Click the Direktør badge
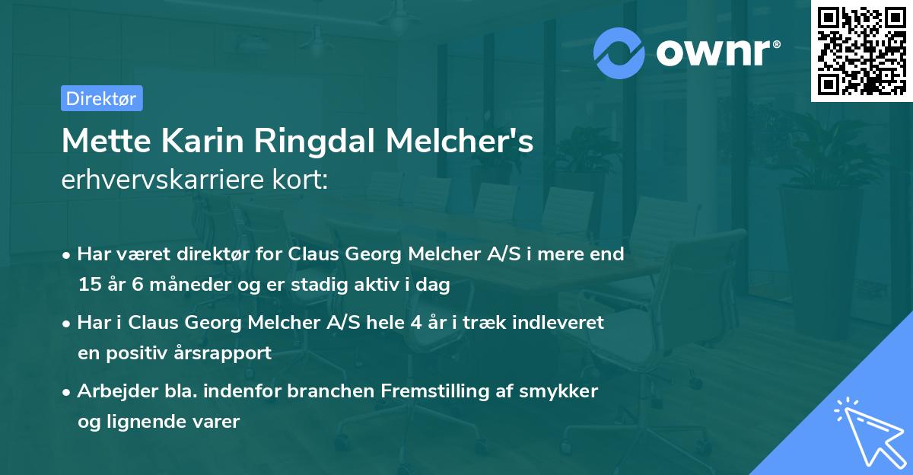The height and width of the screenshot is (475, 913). click(x=101, y=98)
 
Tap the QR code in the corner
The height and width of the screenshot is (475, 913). click(x=860, y=50)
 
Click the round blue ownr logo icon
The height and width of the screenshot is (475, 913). click(x=619, y=52)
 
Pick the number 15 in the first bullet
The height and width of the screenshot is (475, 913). click(x=88, y=285)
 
